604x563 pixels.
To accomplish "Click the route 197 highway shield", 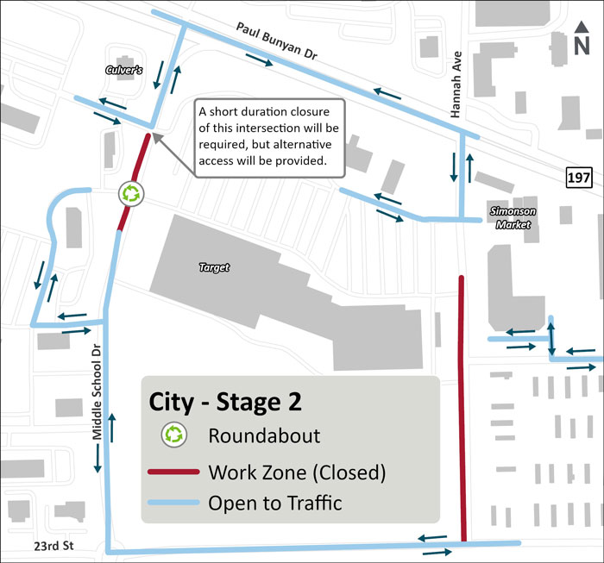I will click(579, 177).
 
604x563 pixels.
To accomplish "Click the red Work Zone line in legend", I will click(175, 472).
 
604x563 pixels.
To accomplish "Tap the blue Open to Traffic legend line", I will click(175, 503).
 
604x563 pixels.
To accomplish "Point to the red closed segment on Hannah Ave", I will click(462, 405).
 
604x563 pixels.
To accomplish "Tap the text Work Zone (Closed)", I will click(297, 472).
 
